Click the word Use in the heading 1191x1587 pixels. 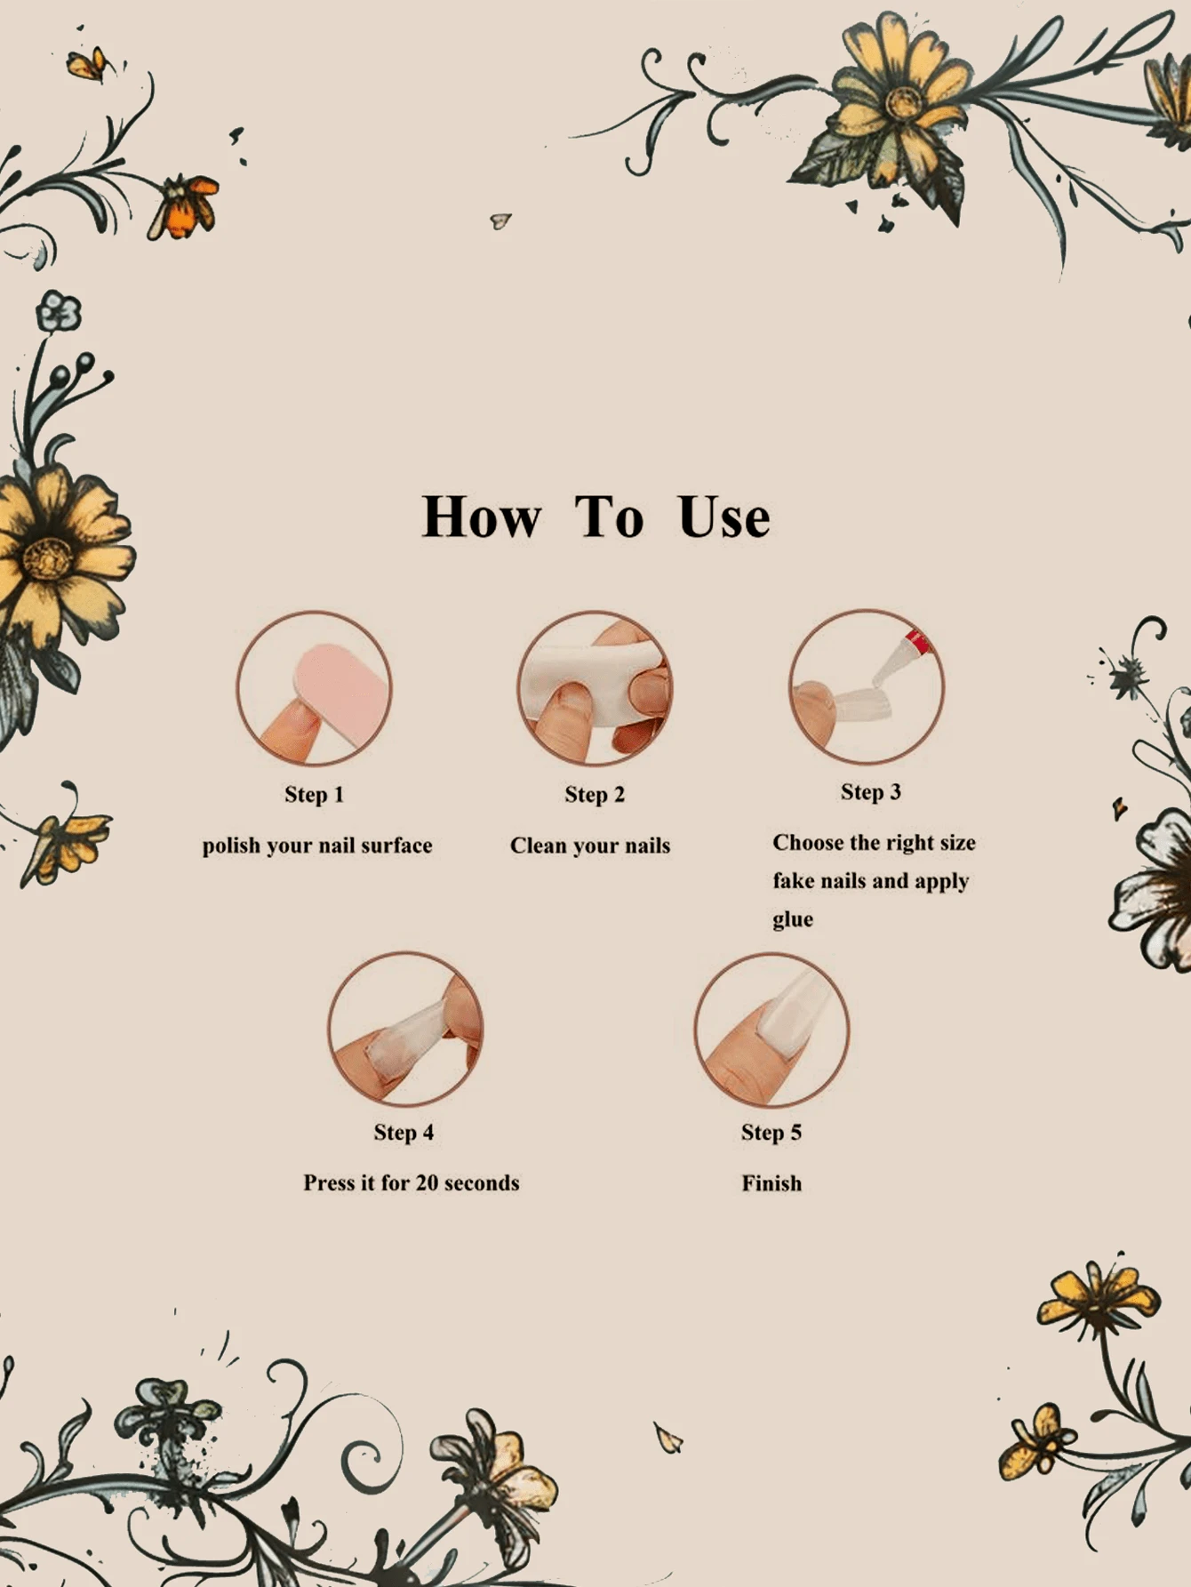(x=723, y=517)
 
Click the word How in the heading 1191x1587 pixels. (x=481, y=517)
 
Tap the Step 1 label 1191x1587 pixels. (x=314, y=795)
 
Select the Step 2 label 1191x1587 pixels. (x=595, y=795)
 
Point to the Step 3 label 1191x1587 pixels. (x=871, y=792)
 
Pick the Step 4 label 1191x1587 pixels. (x=404, y=1133)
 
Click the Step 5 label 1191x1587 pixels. (x=771, y=1133)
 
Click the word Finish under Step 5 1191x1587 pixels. (x=771, y=1183)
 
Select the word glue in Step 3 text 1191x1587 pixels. (x=793, y=920)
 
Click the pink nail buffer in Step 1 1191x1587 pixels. (x=343, y=688)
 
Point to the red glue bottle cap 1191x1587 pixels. (x=917, y=642)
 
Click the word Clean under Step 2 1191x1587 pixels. (x=538, y=846)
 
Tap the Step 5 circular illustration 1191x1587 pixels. (x=771, y=1030)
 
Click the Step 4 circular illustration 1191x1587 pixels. (x=405, y=1030)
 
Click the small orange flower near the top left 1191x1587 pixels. (x=184, y=206)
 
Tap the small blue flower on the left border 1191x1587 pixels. (x=59, y=312)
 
